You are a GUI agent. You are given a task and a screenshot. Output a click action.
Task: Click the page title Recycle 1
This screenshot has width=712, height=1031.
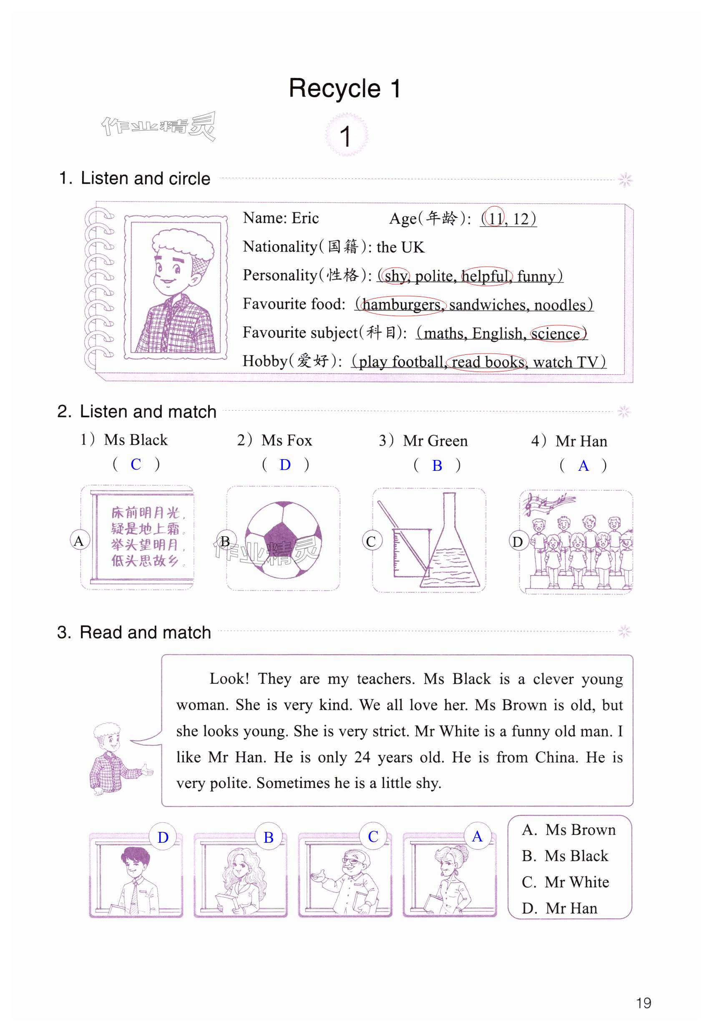(x=345, y=88)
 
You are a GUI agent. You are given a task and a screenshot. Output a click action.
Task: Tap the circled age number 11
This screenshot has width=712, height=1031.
(x=494, y=219)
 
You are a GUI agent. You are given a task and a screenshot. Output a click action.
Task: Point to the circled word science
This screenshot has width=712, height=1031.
(x=556, y=334)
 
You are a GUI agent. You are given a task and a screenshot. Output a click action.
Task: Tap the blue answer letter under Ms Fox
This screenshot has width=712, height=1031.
(x=285, y=465)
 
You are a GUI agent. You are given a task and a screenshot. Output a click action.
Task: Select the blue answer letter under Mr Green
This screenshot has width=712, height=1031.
(x=437, y=465)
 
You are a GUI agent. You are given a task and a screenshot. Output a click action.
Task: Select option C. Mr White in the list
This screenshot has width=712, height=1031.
(x=565, y=882)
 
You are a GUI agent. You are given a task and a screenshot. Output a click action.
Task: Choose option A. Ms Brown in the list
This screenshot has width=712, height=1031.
(x=569, y=830)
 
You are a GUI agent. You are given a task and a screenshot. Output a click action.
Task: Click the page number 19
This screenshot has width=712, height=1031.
(x=643, y=1003)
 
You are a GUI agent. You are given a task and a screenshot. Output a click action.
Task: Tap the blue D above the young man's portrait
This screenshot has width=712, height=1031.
(x=163, y=837)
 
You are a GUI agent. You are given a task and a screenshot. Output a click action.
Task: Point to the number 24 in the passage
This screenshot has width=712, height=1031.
(x=362, y=758)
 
